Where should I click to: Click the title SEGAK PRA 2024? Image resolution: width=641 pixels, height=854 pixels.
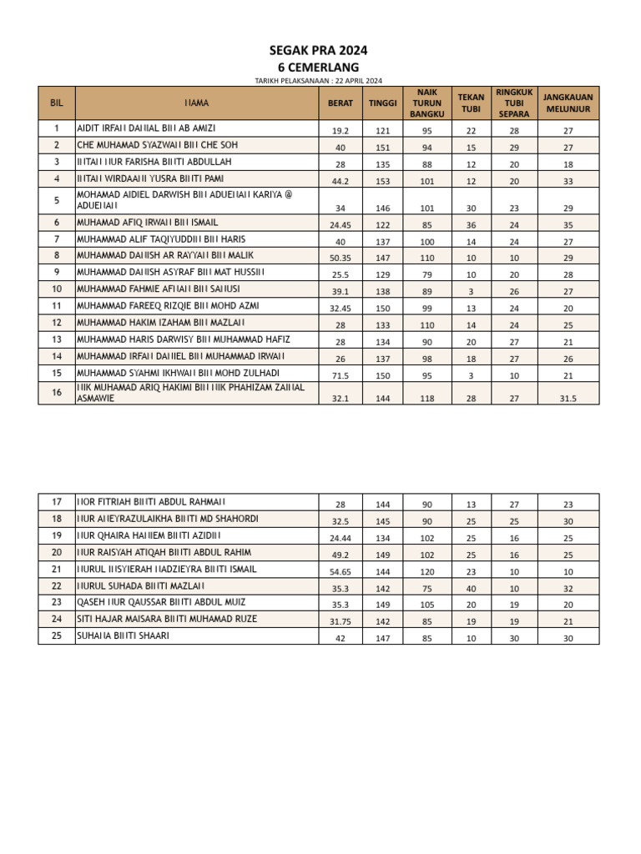tap(318, 51)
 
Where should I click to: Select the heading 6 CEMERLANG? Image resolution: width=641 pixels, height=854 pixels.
tap(318, 67)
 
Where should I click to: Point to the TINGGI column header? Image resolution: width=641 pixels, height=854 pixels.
tap(383, 103)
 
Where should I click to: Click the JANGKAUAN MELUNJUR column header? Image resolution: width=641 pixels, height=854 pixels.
tap(568, 103)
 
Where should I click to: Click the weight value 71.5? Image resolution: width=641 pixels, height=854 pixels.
tap(340, 375)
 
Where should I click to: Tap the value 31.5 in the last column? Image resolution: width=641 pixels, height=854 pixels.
tap(568, 399)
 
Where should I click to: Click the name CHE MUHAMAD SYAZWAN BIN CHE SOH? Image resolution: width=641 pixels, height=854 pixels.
tap(158, 145)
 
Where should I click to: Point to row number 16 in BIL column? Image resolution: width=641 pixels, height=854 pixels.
tap(57, 393)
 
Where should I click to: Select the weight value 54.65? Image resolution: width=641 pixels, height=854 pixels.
tap(340, 572)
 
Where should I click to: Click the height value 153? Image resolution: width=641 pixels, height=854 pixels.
tap(383, 180)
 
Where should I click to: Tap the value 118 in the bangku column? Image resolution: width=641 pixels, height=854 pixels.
tap(426, 399)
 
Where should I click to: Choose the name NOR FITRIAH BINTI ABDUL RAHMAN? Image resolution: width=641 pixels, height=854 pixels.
tap(151, 502)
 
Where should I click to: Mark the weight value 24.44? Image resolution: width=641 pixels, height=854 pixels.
tap(340, 538)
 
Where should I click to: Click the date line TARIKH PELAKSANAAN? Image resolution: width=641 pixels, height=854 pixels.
tap(318, 80)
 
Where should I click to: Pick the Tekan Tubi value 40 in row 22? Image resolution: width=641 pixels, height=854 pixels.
tap(471, 588)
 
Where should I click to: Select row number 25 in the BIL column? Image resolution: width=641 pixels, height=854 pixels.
tap(57, 635)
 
